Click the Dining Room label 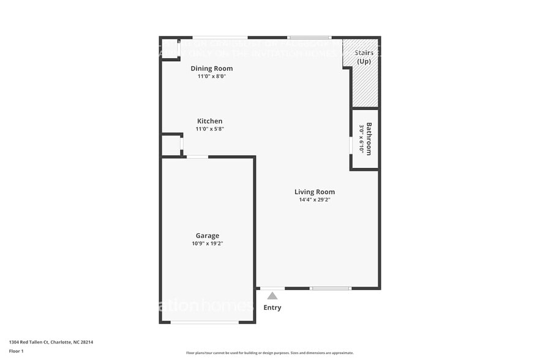pos(211,69)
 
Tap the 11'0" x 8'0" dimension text pos(211,77)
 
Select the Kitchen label pos(209,121)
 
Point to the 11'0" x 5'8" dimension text pos(209,129)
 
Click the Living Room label pos(314,192)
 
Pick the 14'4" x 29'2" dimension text pos(314,200)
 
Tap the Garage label pos(207,236)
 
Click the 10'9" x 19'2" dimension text pos(207,244)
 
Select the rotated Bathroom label pos(369,139)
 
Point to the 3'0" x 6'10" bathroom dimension pos(362,139)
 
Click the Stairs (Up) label pos(364,57)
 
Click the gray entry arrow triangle pos(272,296)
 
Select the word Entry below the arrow pos(272,307)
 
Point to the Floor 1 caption pos(16,351)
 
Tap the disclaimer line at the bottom pos(269,353)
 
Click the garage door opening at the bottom pos(204,322)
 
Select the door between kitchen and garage pos(197,157)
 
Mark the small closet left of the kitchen pos(171,146)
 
